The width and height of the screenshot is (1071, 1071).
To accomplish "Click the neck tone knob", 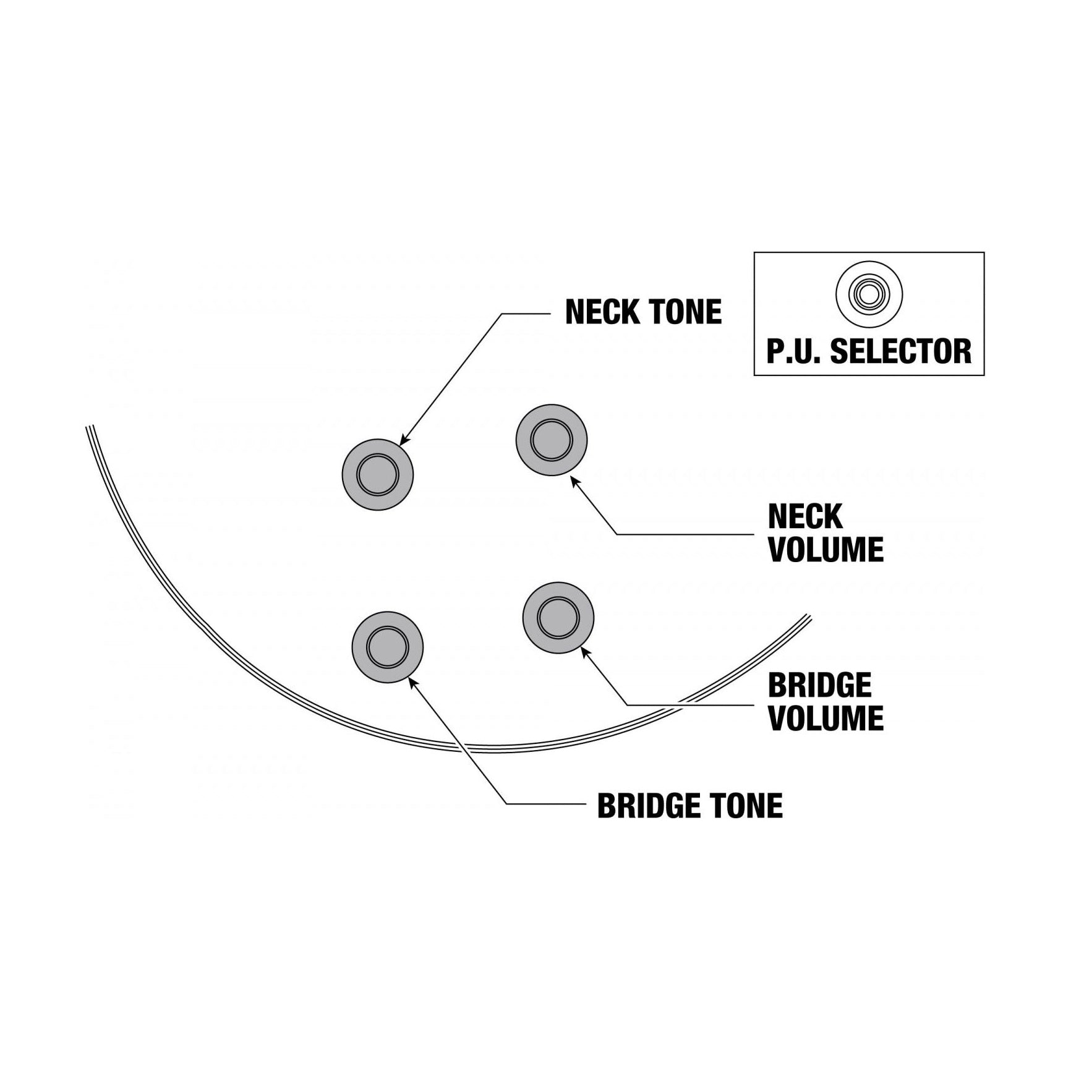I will click(377, 474).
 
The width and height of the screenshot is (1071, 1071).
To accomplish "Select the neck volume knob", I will click(551, 440).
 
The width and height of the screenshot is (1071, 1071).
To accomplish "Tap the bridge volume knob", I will click(558, 617).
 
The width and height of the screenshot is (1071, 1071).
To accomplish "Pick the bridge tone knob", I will click(387, 647).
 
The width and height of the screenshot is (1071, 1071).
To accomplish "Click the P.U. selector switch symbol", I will click(869, 294).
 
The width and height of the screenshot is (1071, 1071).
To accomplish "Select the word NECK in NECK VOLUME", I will click(805, 517).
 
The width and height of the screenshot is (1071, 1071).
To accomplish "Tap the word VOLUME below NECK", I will click(826, 550).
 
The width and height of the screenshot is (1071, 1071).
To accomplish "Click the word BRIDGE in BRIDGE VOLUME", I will click(820, 685).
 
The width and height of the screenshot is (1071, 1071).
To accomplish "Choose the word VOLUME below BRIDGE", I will click(826, 718).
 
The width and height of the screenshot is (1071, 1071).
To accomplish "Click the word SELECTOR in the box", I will click(900, 351).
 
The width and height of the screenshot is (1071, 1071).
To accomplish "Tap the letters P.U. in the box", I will click(794, 351).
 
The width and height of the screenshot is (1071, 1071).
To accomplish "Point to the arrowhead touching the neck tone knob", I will click(404, 440).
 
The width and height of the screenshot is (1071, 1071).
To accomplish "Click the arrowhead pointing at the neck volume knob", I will click(574, 480).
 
